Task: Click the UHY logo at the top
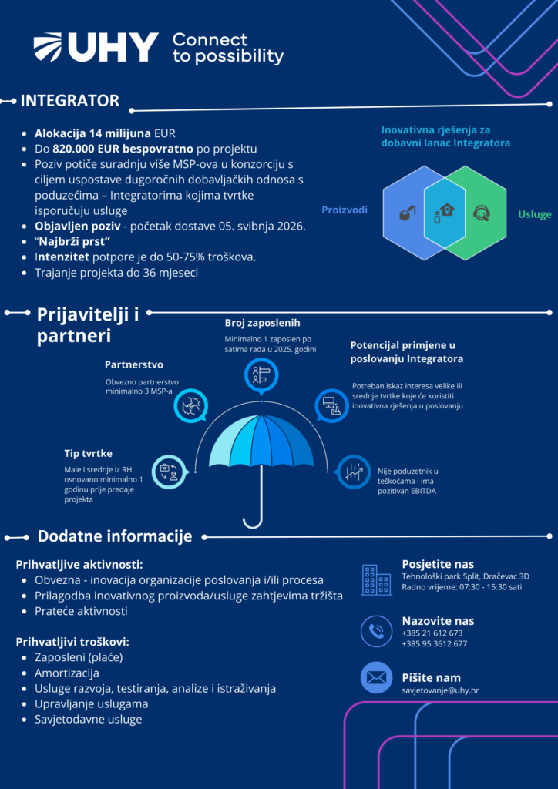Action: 96,48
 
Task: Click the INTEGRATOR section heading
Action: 69,101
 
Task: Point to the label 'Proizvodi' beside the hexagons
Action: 345,210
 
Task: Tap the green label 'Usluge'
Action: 534,214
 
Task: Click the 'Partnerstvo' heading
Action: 133,364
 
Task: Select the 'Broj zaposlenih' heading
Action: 262,323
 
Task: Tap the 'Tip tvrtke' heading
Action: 88,453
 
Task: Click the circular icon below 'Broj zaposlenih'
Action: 261,375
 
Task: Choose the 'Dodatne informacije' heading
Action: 114,536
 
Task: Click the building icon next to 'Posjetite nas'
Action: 376,579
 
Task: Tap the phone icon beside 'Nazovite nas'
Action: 376,632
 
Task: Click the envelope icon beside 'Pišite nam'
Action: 376,678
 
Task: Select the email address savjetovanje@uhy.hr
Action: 440,690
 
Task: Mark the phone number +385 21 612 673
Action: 432,633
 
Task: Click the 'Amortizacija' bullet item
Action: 67,673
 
